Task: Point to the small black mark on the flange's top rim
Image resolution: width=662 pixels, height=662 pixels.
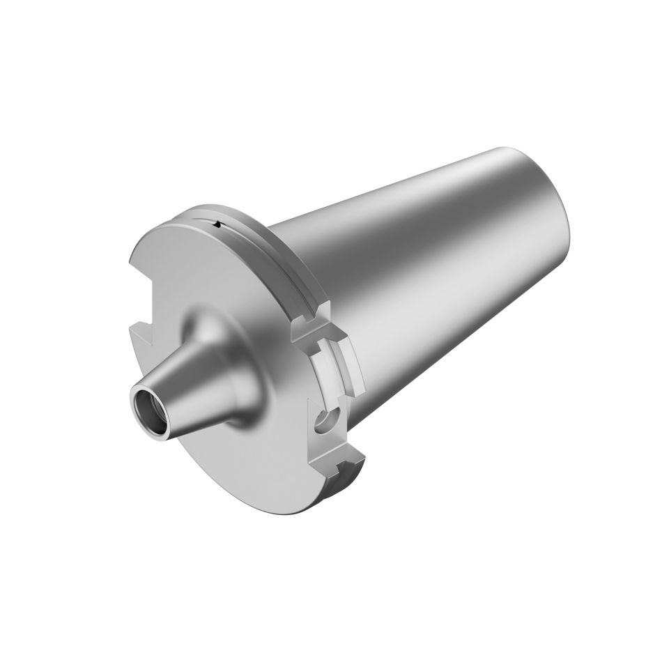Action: tap(218, 224)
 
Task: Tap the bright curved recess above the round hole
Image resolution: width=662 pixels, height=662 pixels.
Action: tap(328, 369)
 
